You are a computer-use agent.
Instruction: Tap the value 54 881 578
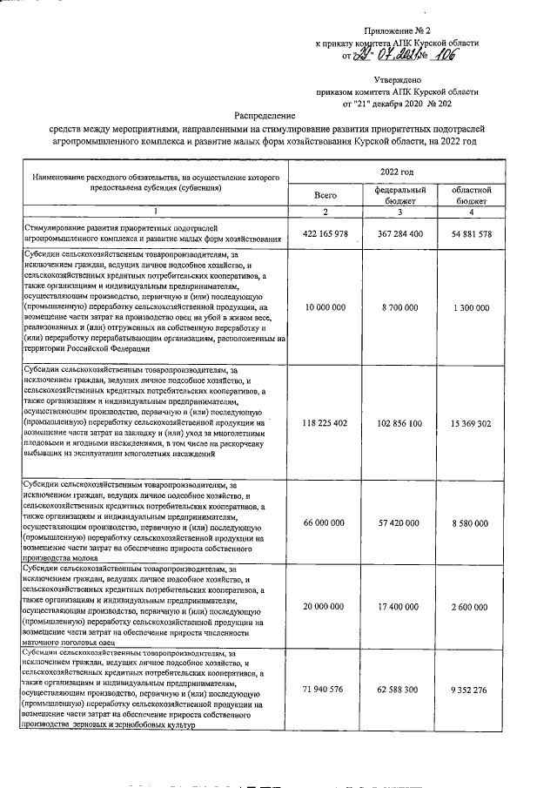pyautogui.click(x=473, y=233)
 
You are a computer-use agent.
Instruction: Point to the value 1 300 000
pyautogui.click(x=473, y=308)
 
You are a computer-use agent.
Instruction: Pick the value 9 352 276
pyautogui.click(x=473, y=689)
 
